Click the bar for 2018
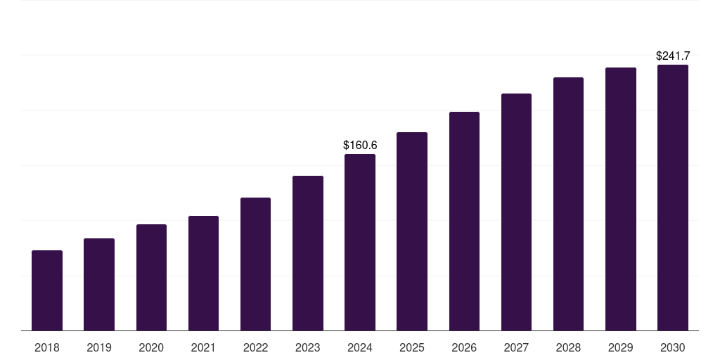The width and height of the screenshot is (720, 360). pos(47,290)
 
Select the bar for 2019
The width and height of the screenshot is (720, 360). pos(99,285)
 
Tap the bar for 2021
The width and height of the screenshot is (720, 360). pos(203,274)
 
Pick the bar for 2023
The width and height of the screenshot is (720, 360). pos(308,253)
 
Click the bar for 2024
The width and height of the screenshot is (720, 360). pos(360,243)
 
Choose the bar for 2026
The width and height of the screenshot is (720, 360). pos(464,221)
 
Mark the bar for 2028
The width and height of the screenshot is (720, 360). pos(568,204)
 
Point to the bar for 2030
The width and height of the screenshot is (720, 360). pos(673,198)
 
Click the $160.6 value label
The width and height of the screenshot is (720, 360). pos(360,145)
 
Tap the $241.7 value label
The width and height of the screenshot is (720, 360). pos(673,56)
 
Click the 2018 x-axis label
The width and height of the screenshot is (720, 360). pos(47,347)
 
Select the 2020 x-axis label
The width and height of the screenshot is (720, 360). pos(151,347)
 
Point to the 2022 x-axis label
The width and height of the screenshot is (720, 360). pos(255,347)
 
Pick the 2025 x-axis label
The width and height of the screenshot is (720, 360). pos(412,347)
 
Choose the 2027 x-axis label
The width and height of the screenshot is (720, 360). pos(516,347)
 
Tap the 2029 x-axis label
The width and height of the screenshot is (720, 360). pos(621,347)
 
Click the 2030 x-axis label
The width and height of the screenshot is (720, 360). pos(673,347)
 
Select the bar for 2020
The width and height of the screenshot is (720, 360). pos(151,278)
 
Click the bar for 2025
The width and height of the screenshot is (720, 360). pos(412,231)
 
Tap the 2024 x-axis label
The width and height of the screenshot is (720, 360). pos(360,347)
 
